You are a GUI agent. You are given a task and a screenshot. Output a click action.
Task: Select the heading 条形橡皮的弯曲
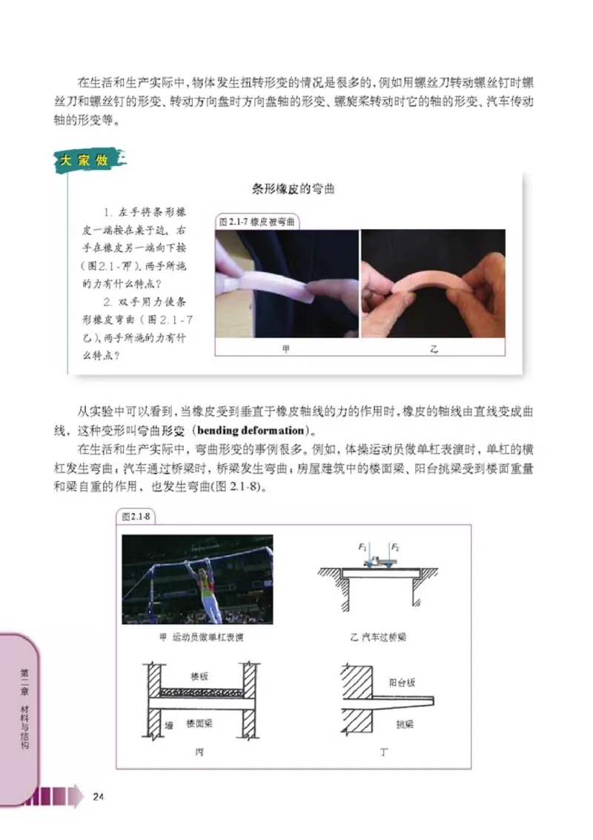pos(294,189)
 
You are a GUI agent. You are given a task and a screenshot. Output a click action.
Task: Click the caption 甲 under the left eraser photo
pos(286,348)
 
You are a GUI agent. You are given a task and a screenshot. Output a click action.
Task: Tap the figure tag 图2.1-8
pos(135,517)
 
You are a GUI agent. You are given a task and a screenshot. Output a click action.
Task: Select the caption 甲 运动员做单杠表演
pos(197,637)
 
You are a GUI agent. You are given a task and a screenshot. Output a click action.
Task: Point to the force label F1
pos(362,547)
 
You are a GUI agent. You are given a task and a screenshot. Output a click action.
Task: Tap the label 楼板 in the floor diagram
pos(199,677)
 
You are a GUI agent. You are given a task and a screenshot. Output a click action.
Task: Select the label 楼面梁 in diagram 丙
pos(201,721)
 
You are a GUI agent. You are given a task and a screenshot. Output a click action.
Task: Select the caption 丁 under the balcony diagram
pos(384,753)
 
